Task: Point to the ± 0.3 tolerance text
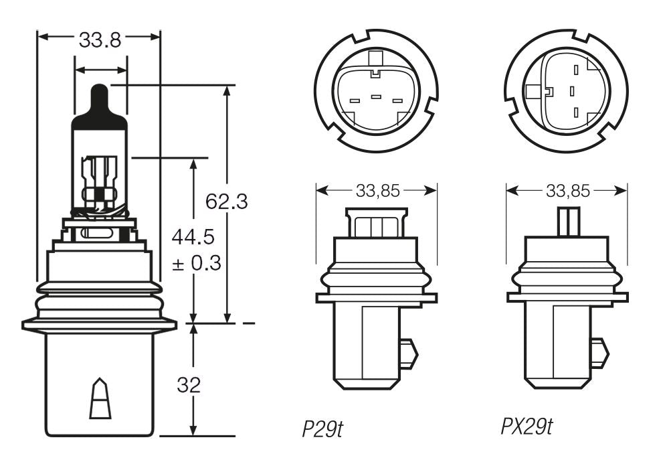click(195, 263)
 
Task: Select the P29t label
click(322, 428)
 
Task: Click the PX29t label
click(527, 427)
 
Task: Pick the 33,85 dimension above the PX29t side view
click(567, 191)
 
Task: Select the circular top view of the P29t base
click(376, 90)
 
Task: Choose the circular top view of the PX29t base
click(567, 90)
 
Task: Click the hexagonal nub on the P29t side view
click(407, 353)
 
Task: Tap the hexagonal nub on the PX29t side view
click(599, 353)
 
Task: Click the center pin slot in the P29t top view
click(376, 98)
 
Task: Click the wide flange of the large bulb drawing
click(99, 325)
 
